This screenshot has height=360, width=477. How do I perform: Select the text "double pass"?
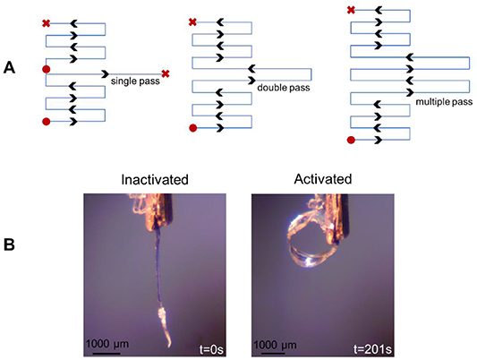click(281, 88)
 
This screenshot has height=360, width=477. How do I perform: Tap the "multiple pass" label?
click(441, 105)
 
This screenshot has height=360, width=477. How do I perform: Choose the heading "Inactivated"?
click(155, 179)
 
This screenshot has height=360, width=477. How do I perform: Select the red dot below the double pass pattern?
click(192, 129)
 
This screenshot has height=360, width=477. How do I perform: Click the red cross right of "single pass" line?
click(166, 73)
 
